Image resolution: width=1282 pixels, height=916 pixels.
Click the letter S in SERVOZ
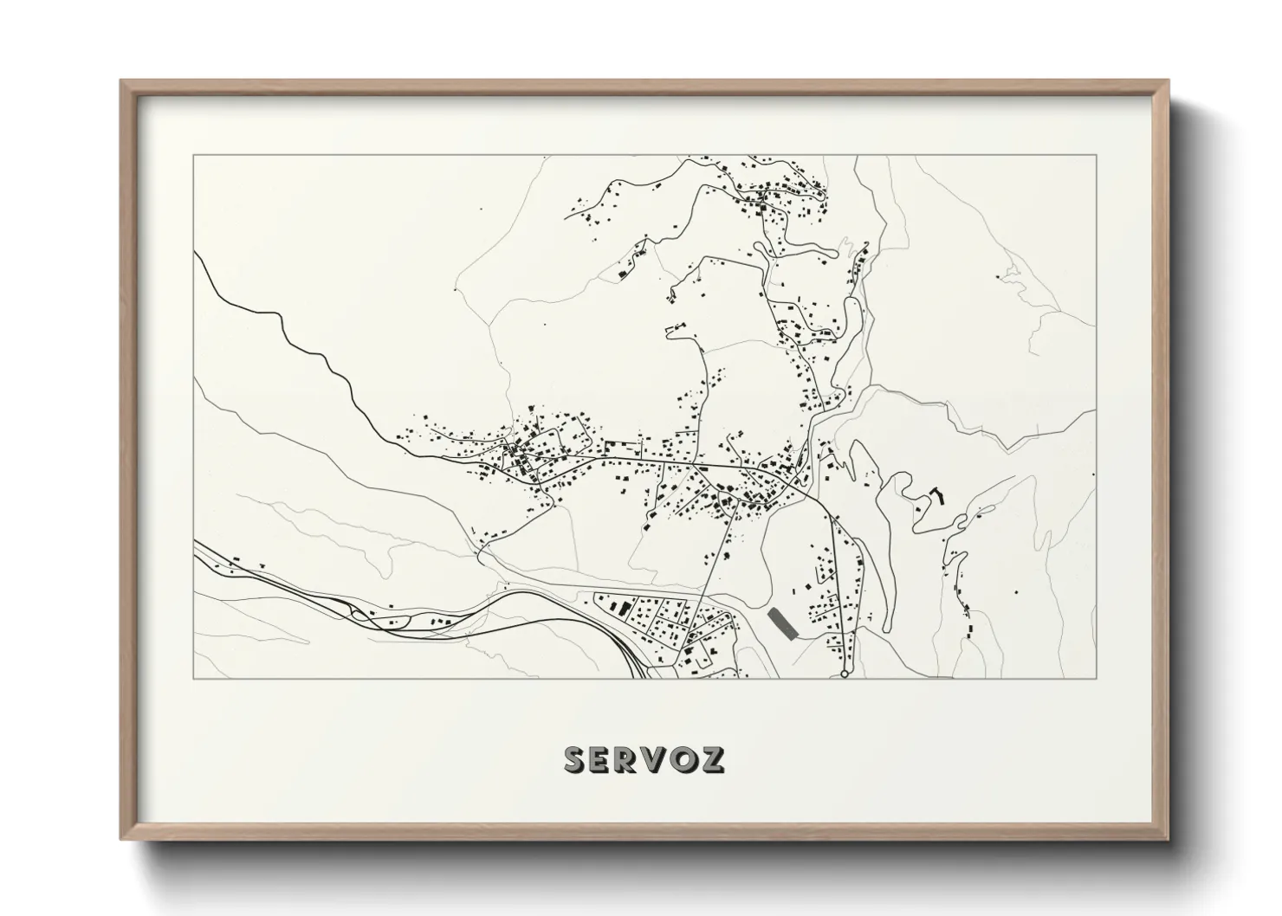tap(578, 759)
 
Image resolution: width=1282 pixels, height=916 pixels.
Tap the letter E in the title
tap(606, 759)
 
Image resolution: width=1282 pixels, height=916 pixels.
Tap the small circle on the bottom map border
tap(845, 674)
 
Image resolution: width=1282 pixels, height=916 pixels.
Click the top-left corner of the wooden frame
tap(122, 81)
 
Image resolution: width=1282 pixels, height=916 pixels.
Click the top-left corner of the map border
tap(194, 156)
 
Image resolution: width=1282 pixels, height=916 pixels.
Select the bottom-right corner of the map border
tap(1096, 678)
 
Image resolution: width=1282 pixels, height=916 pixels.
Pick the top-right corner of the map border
tap(1096, 156)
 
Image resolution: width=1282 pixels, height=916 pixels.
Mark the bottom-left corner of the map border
tap(194, 678)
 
